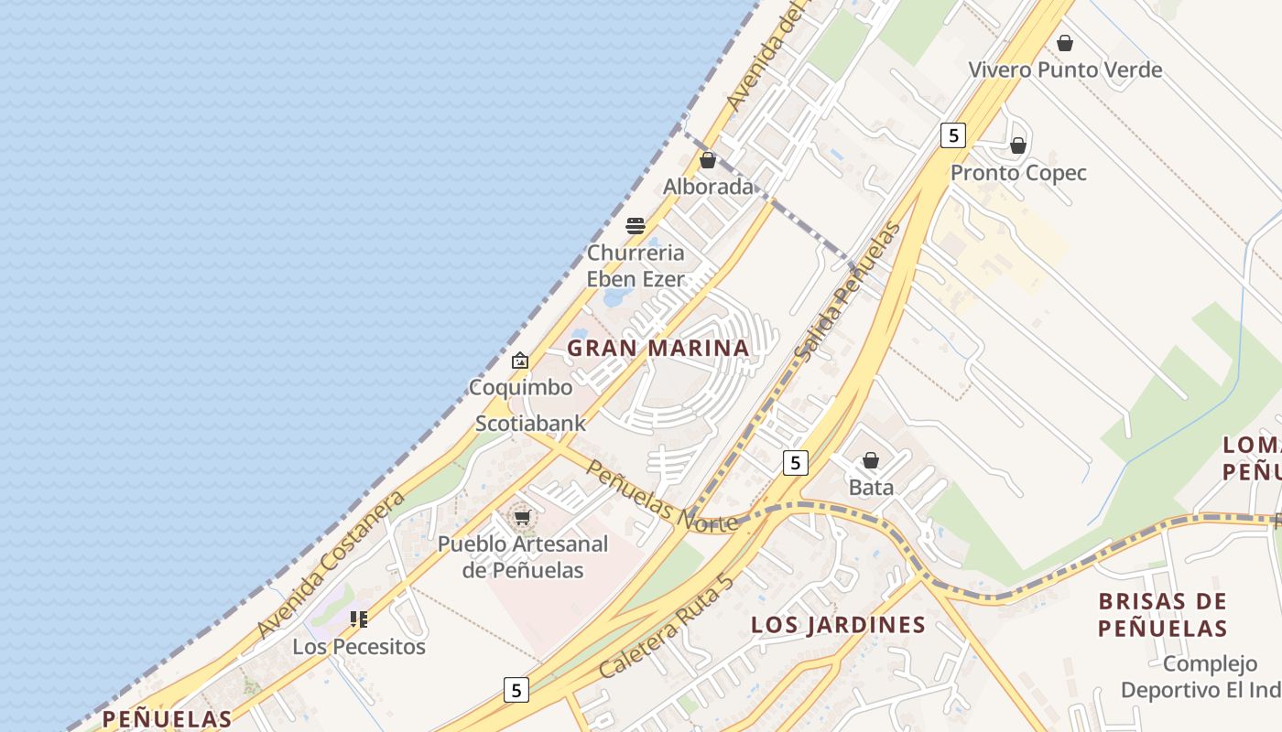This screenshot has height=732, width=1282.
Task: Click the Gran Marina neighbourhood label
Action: point(657,348)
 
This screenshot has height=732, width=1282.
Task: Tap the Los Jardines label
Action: point(838,625)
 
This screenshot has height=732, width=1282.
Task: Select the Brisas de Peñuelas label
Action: point(1162,614)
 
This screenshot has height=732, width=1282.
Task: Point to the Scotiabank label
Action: point(530,424)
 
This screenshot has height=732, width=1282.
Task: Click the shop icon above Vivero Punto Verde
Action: point(1064,43)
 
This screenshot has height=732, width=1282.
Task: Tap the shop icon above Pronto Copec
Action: point(1017,145)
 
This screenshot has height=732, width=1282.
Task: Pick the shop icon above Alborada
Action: point(708,160)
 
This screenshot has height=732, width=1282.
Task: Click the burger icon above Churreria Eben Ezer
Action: point(636,226)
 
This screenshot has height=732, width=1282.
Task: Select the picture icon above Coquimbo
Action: point(520,361)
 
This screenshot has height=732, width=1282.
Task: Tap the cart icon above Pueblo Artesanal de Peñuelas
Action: point(522,518)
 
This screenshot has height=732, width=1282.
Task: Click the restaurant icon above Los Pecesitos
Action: point(358,619)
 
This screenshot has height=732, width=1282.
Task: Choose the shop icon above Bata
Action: point(871,460)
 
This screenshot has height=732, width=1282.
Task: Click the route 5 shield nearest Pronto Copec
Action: point(953,135)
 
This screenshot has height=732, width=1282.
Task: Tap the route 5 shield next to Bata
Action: point(796,463)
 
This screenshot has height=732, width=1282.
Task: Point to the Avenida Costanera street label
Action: point(331,565)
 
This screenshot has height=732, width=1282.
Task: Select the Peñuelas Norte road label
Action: point(660,497)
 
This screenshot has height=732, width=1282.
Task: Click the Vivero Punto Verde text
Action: point(1065,70)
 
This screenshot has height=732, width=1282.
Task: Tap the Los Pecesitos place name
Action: point(359,647)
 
